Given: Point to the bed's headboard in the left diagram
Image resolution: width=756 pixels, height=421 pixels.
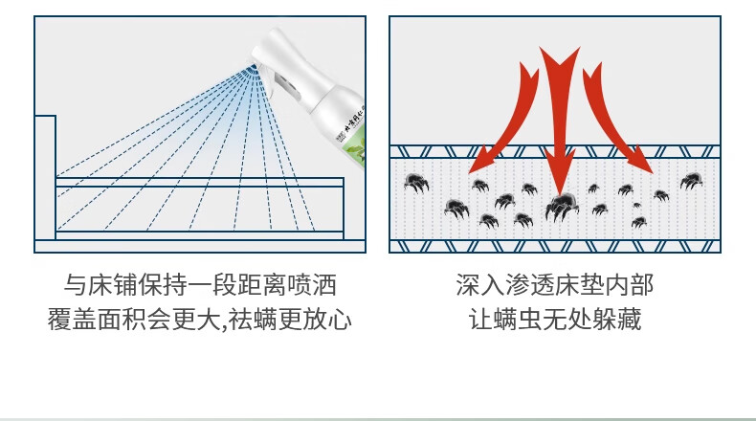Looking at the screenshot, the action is coord(45,177).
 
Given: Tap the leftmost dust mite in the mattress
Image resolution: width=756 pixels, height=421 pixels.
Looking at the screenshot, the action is coord(415,182).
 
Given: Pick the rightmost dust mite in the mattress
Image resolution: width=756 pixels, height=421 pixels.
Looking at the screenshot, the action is coord(691,180).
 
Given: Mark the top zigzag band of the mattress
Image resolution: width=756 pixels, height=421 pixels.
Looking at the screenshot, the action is coord(555,151).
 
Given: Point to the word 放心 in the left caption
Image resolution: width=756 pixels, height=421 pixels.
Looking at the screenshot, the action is coord(329,319).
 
